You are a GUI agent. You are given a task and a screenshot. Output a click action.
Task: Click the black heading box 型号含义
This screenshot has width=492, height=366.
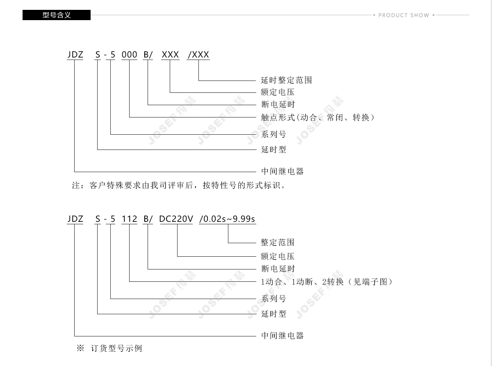(x=57, y=15)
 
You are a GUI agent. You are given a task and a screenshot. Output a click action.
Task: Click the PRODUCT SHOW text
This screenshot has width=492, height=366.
(x=403, y=15)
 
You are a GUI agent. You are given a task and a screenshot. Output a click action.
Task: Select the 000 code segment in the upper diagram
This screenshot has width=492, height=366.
(x=129, y=55)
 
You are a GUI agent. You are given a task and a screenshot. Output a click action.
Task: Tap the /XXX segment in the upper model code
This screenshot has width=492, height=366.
(x=198, y=55)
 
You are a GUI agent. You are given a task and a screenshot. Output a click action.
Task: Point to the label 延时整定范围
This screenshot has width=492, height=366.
(x=286, y=80)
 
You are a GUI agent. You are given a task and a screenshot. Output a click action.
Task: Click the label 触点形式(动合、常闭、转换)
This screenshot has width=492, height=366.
(x=318, y=117)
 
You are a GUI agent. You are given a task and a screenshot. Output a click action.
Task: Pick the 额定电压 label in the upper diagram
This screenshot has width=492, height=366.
(x=278, y=92)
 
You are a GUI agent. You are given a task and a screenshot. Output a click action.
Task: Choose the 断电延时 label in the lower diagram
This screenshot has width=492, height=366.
(x=278, y=269)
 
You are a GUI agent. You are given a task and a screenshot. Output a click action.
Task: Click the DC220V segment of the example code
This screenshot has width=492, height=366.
(x=176, y=219)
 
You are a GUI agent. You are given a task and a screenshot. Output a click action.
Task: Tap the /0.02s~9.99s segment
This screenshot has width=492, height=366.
(x=227, y=219)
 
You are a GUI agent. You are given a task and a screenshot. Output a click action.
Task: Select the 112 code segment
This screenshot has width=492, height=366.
(x=129, y=219)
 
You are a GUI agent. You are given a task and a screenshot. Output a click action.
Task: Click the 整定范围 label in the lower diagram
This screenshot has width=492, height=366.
(x=278, y=242)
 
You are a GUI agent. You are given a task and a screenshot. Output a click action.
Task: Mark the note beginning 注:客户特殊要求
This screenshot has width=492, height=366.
(x=179, y=185)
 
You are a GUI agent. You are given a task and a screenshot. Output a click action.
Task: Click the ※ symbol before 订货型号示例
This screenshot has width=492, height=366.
(x=80, y=348)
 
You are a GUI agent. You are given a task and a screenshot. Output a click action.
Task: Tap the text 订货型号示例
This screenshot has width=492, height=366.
(x=116, y=348)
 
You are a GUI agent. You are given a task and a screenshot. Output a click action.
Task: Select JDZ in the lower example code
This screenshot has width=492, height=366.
(x=75, y=219)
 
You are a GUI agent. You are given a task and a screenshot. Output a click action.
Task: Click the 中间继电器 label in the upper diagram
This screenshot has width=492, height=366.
(x=282, y=171)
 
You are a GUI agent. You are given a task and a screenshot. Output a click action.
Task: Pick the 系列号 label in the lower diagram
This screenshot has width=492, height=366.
(x=273, y=299)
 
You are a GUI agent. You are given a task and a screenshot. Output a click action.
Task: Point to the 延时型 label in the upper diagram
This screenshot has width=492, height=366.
(x=273, y=150)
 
